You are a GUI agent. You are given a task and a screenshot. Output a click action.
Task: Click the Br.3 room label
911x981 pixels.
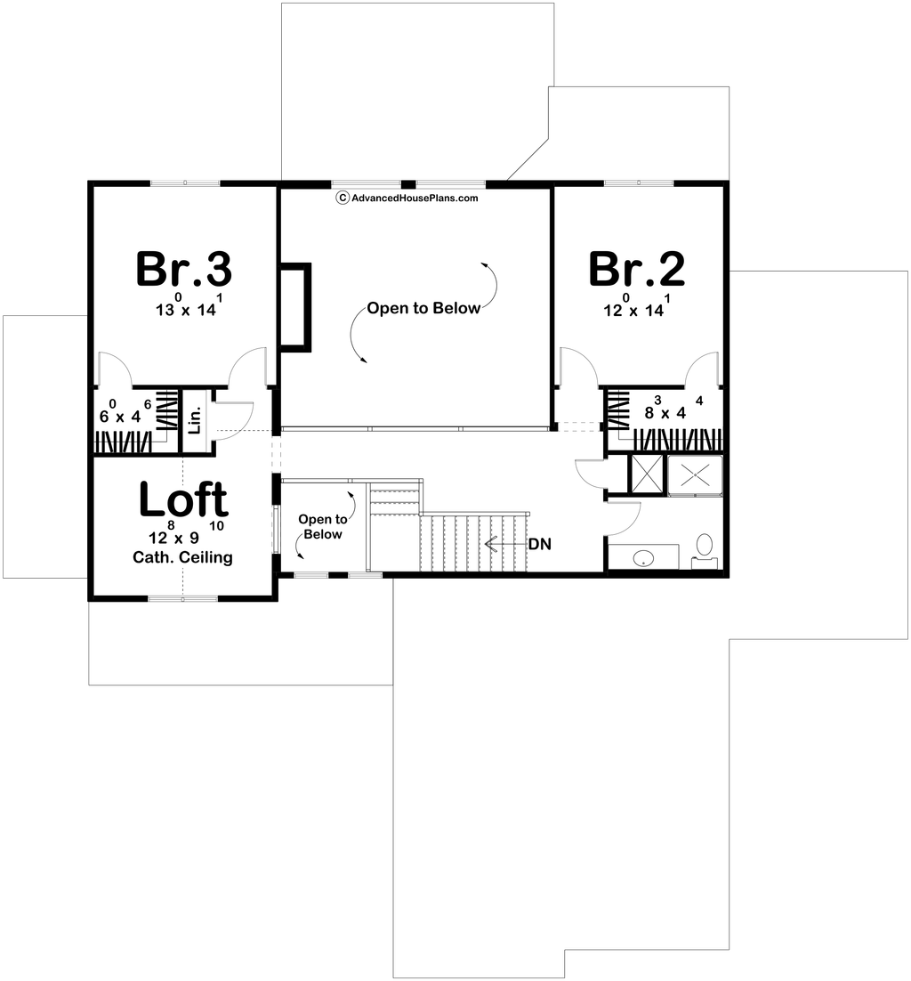[x=184, y=269]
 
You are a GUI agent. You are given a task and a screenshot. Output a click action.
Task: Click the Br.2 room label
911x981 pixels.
[x=636, y=269]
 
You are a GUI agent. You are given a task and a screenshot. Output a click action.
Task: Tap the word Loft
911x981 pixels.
[x=183, y=499]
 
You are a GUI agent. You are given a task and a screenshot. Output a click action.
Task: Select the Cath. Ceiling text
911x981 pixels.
[x=182, y=557]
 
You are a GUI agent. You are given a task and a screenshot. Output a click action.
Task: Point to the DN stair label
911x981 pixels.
[x=540, y=544]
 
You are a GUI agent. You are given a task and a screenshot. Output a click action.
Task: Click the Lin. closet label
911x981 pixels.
[x=195, y=420]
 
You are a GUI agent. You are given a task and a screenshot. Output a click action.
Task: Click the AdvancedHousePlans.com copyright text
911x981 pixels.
[x=407, y=199]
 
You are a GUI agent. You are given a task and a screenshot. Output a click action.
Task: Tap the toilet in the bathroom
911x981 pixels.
[x=705, y=550]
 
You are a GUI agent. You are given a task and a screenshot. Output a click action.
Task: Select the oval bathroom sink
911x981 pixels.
[x=642, y=557]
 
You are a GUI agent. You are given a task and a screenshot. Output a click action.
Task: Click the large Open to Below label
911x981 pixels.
[x=423, y=308]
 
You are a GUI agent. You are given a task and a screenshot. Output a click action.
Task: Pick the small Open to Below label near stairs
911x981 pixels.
[x=323, y=527]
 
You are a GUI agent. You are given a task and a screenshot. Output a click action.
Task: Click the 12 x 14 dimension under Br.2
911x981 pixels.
[x=637, y=306]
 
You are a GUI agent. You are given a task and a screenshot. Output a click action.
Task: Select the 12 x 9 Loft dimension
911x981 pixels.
[x=186, y=532]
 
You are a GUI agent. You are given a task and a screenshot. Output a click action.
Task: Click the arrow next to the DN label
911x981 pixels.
[x=505, y=544]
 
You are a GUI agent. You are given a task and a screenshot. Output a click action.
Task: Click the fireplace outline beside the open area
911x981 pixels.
[x=295, y=307]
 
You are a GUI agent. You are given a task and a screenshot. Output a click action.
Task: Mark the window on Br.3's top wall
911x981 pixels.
[x=185, y=183]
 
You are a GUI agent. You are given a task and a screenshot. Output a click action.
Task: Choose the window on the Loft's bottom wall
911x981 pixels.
[x=183, y=599]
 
